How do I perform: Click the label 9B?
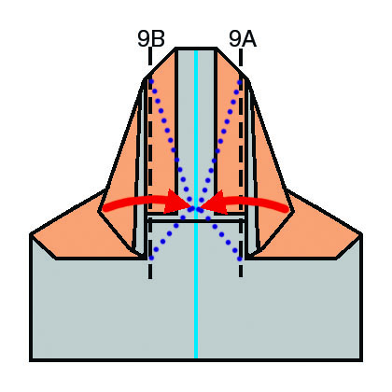151,39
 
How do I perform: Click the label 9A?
243,39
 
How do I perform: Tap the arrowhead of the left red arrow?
177,202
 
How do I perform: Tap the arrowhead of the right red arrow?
214,203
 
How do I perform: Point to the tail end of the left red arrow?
105,208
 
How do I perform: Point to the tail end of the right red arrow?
287,209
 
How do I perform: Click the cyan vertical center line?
196,204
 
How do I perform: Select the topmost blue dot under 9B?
151,81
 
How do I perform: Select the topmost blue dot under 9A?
240,82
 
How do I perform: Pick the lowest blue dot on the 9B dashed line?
151,258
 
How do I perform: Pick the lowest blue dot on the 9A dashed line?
240,259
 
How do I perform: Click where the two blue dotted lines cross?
196,208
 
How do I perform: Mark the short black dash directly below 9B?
150,56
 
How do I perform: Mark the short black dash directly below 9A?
241,57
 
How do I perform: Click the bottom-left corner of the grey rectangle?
31,360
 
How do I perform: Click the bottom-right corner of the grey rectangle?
361,360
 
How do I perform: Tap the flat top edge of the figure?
196,49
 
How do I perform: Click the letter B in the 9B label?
158,39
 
